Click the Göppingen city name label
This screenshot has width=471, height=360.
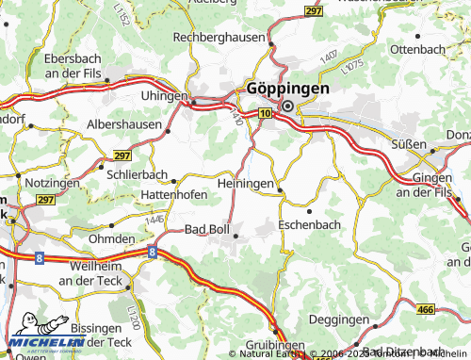(x=288, y=88)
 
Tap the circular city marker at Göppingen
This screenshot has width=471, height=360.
(x=286, y=106)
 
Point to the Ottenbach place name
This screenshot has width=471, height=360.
(x=417, y=47)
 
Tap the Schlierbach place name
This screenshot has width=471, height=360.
(x=138, y=175)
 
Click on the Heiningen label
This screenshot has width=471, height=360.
(x=246, y=182)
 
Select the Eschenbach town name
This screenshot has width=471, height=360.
(x=310, y=225)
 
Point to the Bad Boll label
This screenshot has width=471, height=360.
(x=207, y=229)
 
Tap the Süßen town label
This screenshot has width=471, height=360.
(x=409, y=145)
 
